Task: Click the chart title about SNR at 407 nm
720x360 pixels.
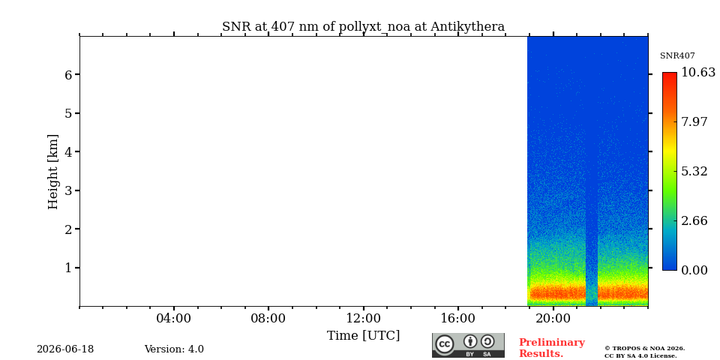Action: tap(363, 27)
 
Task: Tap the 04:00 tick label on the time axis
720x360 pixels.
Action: tap(173, 319)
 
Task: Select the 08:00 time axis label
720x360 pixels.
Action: tap(268, 319)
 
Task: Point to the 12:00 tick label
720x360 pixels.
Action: tap(363, 319)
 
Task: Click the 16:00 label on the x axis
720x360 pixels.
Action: tap(457, 319)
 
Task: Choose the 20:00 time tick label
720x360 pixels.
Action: tap(553, 319)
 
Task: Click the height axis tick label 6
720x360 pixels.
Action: tap(69, 74)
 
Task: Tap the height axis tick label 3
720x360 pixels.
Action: tap(69, 190)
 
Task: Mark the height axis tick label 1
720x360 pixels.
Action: tap(69, 268)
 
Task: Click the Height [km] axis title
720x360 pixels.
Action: tap(53, 172)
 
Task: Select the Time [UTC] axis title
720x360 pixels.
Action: tap(363, 336)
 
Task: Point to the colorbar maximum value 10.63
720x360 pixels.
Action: tap(698, 73)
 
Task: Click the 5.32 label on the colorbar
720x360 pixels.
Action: tap(694, 171)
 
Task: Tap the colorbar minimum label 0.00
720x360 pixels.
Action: tap(694, 270)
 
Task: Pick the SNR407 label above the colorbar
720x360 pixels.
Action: tap(677, 56)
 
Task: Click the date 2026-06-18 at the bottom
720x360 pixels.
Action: tap(65, 349)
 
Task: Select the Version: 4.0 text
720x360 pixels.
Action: tap(174, 349)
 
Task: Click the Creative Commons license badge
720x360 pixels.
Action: tap(468, 345)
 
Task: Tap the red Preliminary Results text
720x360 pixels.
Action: tap(552, 348)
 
